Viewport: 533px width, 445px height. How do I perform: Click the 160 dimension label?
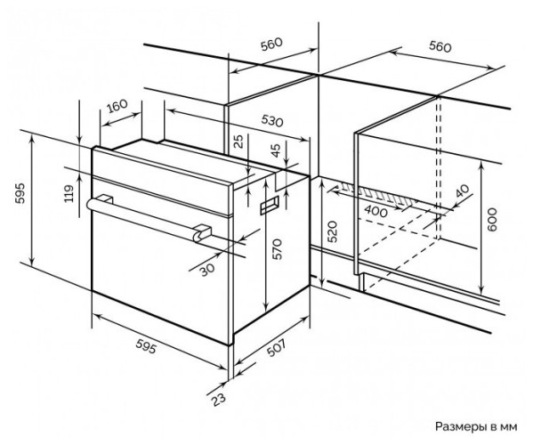click(x=117, y=106)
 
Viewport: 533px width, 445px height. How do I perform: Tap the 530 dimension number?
click(x=272, y=121)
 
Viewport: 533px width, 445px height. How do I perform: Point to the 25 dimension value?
click(x=239, y=142)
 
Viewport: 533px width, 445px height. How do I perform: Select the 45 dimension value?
click(x=276, y=150)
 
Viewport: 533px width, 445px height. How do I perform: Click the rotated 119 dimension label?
click(x=69, y=193)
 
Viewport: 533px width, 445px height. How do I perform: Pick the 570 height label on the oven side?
click(x=278, y=249)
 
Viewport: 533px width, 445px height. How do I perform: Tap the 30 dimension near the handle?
click(x=206, y=270)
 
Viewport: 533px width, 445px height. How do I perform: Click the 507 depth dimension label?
click(x=276, y=348)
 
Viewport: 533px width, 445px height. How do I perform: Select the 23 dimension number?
click(x=218, y=399)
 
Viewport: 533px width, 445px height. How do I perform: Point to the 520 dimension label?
click(x=333, y=231)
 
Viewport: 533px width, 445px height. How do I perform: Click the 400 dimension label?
click(x=376, y=212)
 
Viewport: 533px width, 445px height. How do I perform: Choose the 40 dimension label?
click(x=462, y=190)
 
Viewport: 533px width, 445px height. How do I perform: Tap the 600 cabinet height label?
click(x=492, y=220)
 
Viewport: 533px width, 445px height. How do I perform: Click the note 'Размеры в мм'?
click(x=476, y=426)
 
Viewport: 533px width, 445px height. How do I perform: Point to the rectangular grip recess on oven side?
click(x=270, y=206)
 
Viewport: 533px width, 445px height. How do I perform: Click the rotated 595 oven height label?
click(x=20, y=193)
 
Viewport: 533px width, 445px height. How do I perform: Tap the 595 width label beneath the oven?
click(x=146, y=346)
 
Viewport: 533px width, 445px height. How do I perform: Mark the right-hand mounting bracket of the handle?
click(x=202, y=232)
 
